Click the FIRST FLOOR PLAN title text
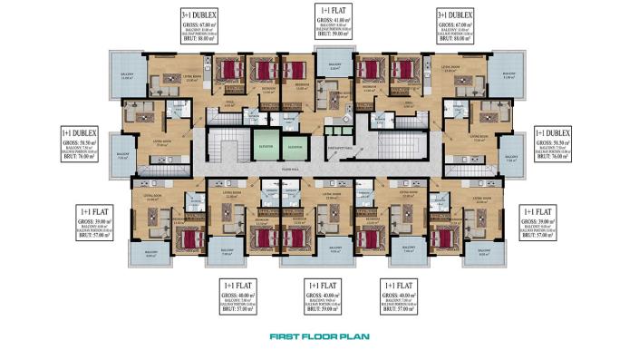point(319,337)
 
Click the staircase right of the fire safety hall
point(397,145)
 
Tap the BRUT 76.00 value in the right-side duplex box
point(555,156)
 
